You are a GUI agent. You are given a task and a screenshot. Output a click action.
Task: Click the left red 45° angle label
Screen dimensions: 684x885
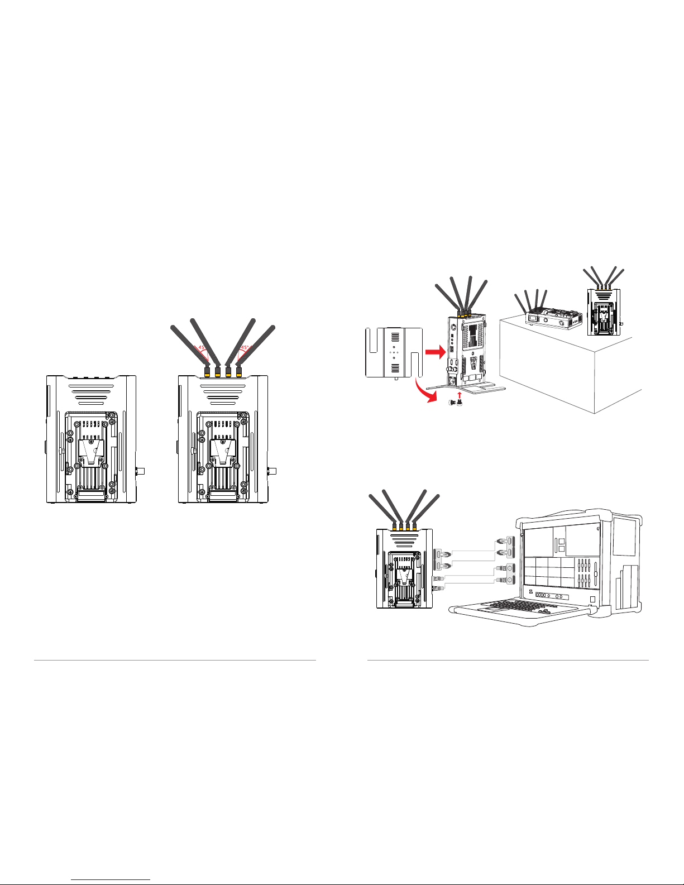tap(202, 347)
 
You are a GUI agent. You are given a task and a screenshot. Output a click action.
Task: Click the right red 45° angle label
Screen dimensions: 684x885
tap(245, 347)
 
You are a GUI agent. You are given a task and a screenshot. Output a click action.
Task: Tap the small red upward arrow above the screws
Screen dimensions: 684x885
tap(460, 395)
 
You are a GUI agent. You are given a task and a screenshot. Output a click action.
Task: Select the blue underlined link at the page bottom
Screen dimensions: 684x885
tap(111, 880)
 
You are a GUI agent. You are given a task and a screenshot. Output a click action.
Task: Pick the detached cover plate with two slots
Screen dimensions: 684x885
tap(394, 353)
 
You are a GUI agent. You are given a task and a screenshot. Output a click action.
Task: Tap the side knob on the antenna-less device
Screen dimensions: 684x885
tap(141, 472)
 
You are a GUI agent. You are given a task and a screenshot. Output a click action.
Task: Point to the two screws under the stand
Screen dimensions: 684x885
tap(457, 403)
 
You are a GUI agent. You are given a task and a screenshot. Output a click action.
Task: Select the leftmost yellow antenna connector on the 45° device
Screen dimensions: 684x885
tap(207, 371)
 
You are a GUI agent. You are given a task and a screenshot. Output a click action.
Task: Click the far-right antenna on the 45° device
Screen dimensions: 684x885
tap(256, 346)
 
